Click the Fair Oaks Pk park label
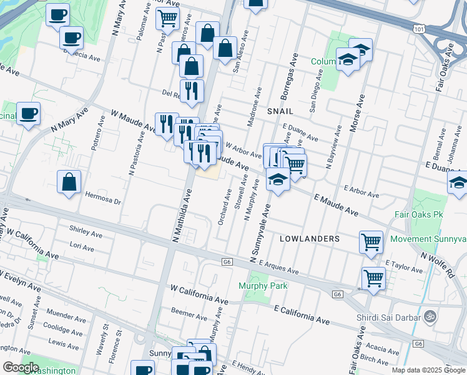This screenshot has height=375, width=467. [418, 214]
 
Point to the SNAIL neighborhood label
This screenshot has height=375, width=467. [280, 111]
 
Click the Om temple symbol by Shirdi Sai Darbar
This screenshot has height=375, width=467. [428, 316]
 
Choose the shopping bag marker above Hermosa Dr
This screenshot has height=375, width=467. [69, 182]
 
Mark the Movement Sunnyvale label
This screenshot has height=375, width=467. [428, 239]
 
